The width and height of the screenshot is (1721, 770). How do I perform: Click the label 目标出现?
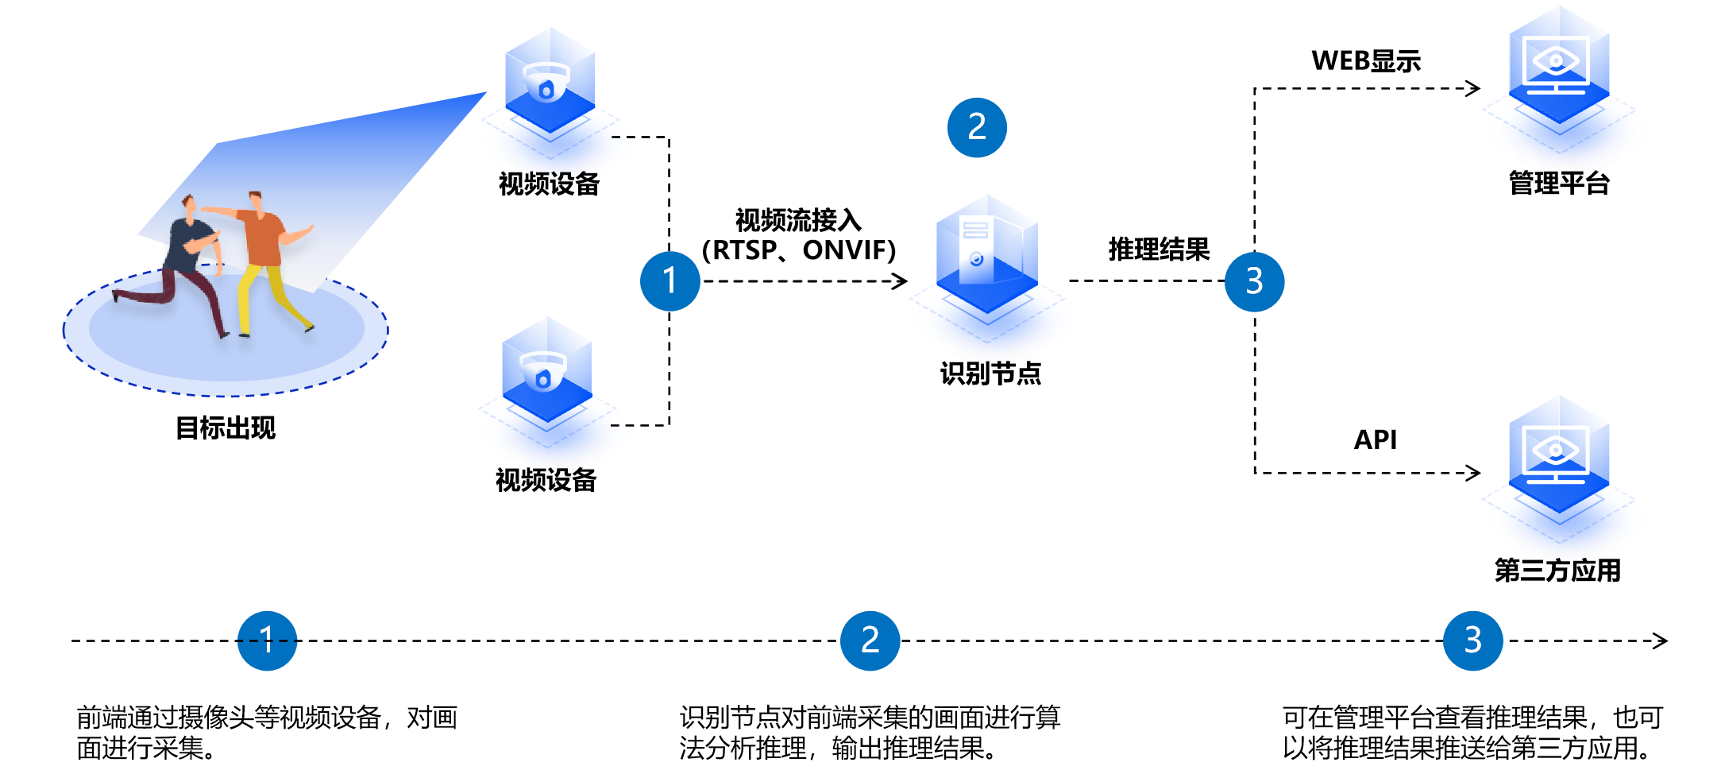point(226,428)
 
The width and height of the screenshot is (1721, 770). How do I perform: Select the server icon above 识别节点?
point(986,258)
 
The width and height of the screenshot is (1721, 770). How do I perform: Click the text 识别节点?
point(990,373)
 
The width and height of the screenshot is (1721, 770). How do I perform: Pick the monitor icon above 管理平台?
point(1558,72)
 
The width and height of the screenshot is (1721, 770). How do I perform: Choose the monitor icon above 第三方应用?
point(1558,461)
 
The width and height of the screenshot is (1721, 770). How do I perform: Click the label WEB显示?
point(1366,61)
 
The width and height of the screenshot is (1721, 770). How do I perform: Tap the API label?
point(1375,439)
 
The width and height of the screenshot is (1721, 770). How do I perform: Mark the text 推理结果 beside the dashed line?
point(1159,250)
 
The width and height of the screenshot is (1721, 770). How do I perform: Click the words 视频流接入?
point(798,220)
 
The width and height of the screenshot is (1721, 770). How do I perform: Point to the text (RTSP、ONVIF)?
point(798,250)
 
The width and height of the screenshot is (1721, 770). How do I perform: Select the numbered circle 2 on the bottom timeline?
point(870,640)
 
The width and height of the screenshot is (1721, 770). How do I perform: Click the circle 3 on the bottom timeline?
point(1472,640)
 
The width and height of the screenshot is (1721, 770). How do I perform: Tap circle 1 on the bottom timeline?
point(267,640)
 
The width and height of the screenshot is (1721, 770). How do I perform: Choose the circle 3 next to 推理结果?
point(1254,281)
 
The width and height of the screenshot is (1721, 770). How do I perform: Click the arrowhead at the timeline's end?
point(1661,640)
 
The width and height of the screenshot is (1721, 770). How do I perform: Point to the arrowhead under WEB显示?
point(1474,88)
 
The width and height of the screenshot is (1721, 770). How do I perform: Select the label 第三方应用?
point(1557,571)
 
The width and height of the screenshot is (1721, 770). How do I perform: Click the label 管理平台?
point(1559,184)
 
